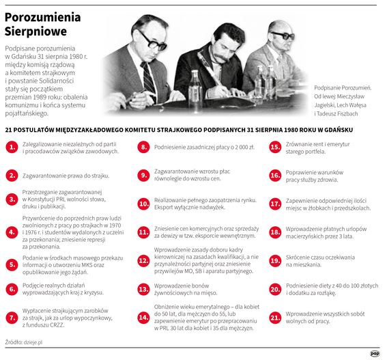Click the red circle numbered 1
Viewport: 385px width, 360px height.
point(12,147)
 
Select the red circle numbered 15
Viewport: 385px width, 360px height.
point(276,147)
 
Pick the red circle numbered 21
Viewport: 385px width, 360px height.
point(276,317)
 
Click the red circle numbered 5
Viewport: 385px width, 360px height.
point(12,264)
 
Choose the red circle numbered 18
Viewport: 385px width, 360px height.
point(276,232)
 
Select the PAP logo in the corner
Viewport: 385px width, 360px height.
point(375,352)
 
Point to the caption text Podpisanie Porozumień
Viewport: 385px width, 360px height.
point(343,88)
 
